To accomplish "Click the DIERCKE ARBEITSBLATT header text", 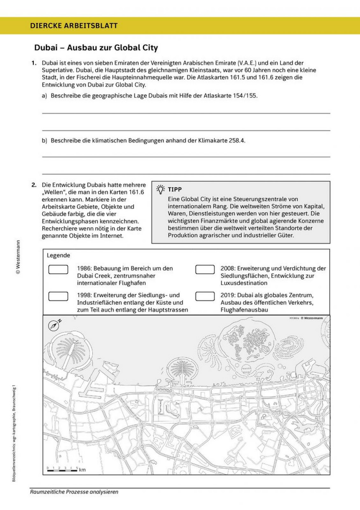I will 74,26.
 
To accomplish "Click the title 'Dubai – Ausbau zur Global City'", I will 96,48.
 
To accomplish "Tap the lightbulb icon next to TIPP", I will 161,189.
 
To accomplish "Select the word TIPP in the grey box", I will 175,189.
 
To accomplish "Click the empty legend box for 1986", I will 58,269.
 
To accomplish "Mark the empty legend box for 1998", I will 58,296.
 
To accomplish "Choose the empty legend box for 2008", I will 205,269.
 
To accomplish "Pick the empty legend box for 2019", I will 205,296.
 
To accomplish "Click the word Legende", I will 58,255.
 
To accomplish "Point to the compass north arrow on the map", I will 54,326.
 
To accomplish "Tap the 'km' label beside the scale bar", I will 82,470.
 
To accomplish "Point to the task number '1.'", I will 34,63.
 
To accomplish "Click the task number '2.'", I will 34,185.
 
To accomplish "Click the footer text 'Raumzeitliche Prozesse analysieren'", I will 74,492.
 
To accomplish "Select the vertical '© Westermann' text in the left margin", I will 18,256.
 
